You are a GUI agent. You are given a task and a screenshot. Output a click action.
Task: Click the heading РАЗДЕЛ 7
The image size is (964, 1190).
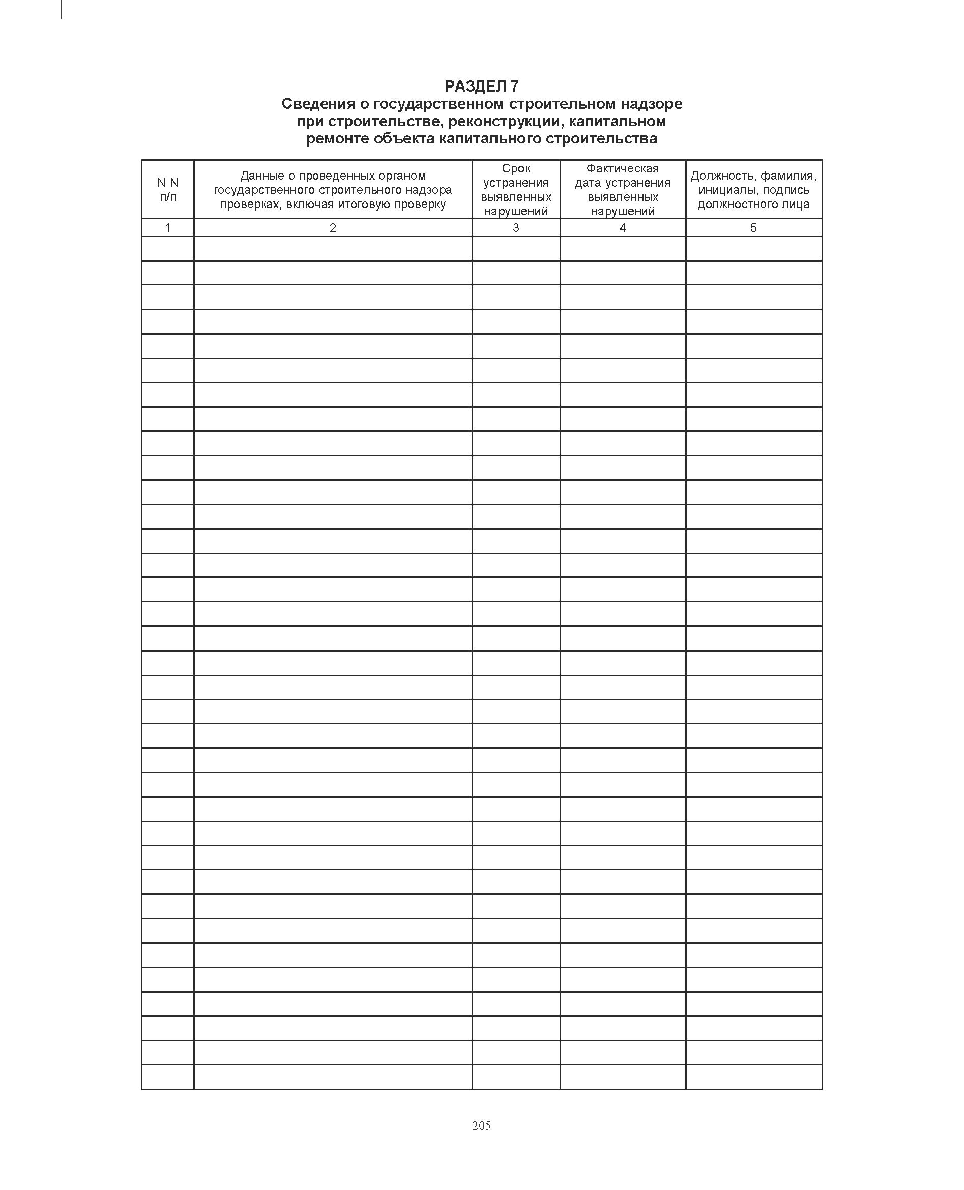[481, 86]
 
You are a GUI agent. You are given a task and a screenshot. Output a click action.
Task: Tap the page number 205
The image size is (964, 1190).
[481, 1125]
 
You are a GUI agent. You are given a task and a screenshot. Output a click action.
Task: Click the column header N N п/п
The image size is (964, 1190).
[168, 189]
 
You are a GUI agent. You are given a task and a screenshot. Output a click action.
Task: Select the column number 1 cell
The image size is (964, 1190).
[168, 227]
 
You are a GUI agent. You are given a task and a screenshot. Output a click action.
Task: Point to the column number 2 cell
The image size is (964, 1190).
[333, 227]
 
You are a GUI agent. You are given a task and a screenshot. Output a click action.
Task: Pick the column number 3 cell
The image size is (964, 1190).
[516, 227]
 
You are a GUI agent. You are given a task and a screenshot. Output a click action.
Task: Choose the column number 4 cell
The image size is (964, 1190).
[623, 227]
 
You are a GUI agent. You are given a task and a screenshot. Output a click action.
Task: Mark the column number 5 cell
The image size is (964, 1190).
[753, 227]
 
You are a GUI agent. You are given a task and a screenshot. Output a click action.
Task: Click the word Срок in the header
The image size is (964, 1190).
[516, 168]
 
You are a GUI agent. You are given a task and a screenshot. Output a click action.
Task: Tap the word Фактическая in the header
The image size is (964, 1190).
[623, 168]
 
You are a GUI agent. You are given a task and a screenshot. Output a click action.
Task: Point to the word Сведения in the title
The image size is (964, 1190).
[317, 104]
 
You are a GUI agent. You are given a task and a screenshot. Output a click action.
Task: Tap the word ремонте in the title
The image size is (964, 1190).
[338, 138]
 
